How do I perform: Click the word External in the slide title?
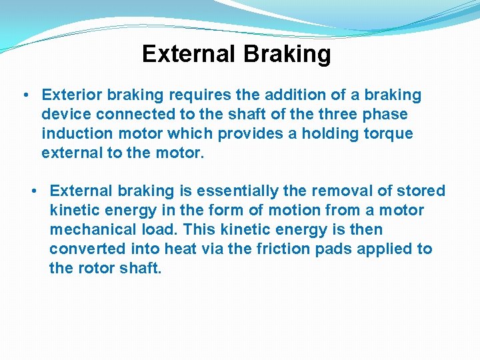click(x=187, y=54)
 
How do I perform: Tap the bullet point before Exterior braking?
click(x=25, y=95)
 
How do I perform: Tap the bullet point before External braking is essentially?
click(x=33, y=191)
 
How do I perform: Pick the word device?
click(x=64, y=115)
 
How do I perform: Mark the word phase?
click(x=385, y=115)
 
